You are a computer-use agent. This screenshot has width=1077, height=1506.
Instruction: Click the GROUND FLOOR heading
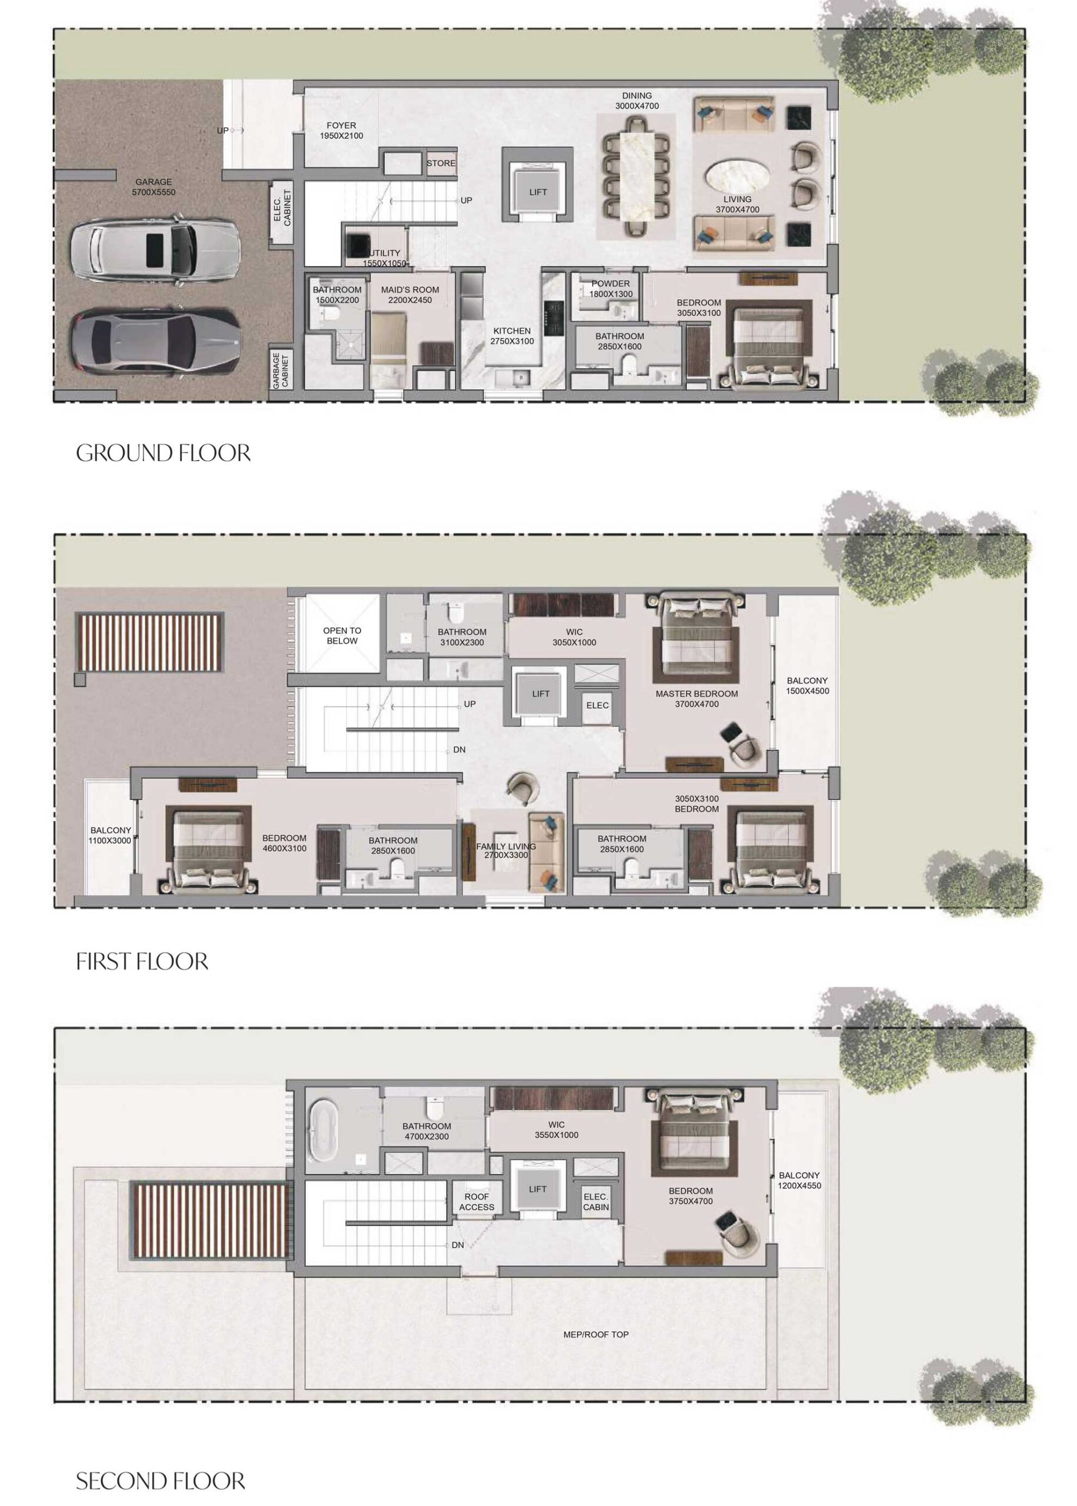click(x=163, y=453)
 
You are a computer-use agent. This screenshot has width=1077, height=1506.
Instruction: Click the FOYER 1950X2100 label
click(x=341, y=130)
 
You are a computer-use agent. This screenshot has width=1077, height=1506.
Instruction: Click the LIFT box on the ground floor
click(x=538, y=192)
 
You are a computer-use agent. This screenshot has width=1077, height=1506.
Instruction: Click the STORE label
click(x=441, y=163)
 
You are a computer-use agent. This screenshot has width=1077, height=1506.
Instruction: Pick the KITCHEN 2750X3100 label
click(x=511, y=335)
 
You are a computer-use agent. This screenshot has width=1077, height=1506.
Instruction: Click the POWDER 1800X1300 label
click(x=610, y=288)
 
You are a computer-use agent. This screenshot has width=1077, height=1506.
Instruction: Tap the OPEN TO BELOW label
click(x=342, y=635)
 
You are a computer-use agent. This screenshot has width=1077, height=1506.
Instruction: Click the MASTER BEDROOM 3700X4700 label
click(x=696, y=698)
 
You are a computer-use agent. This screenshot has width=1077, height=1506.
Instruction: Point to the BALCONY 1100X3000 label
click(x=110, y=835)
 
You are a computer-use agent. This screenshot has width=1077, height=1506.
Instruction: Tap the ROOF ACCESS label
click(x=476, y=1202)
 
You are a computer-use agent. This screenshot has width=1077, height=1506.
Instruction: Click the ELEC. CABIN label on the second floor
click(x=595, y=1202)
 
